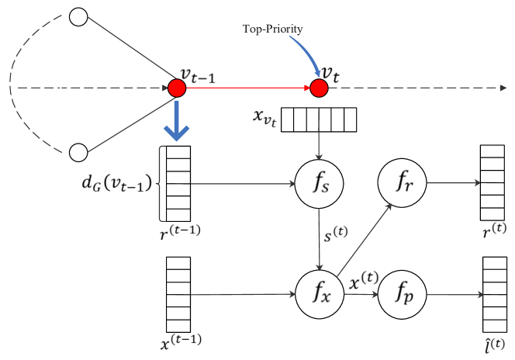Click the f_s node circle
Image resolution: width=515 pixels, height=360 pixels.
coord(320,185)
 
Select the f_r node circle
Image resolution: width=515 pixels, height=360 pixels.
coord(402,183)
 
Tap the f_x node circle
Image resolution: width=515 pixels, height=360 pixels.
coord(320,295)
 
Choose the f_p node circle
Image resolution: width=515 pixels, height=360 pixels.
coord(402,295)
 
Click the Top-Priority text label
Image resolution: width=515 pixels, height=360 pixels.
coord(272,29)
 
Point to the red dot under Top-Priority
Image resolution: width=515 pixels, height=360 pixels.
coord(319,88)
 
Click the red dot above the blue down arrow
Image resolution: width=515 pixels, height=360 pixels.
coord(178,88)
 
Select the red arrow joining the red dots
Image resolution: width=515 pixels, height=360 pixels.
coord(248,88)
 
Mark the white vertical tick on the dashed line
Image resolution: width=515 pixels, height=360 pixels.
coord(61,83)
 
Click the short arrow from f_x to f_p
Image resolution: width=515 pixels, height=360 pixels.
coord(361,295)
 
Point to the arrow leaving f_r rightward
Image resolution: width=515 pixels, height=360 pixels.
coord(453,183)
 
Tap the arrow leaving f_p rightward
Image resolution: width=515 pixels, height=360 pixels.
coord(455,295)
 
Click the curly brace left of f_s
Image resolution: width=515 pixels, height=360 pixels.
coord(161,184)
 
